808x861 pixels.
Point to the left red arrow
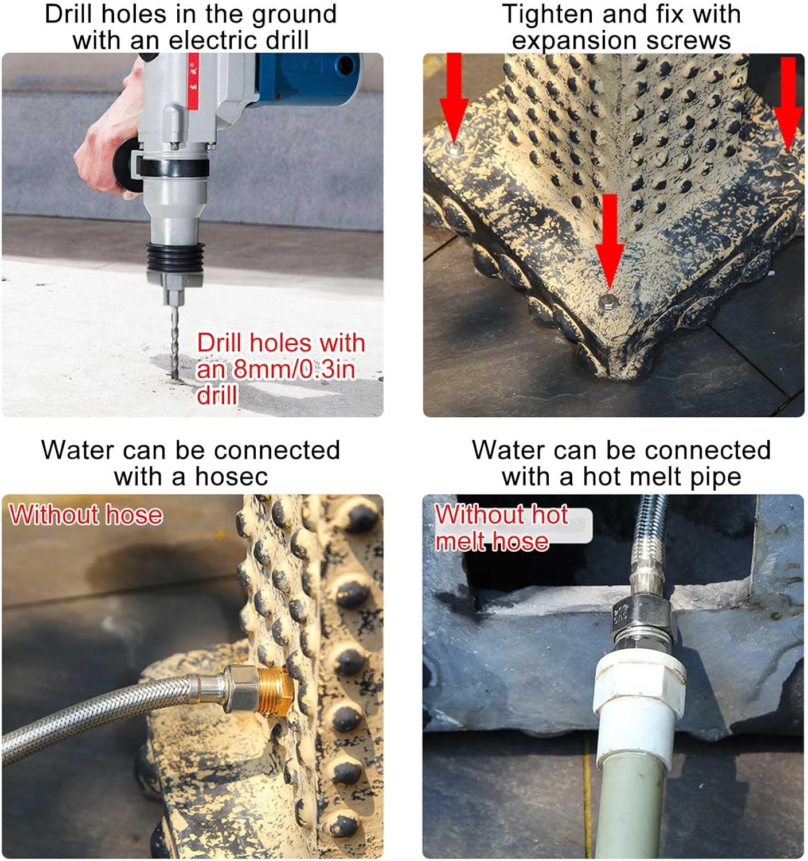point(454,95)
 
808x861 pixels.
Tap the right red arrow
point(789,100)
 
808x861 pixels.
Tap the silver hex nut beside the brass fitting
point(239,688)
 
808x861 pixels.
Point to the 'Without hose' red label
point(86,515)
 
